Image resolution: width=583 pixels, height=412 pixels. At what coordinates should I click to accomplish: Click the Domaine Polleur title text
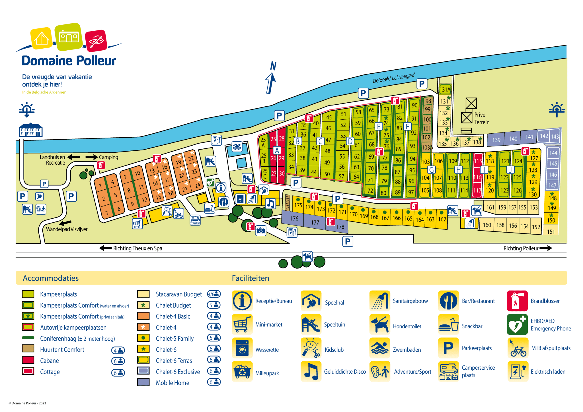pyautogui.click(x=69, y=61)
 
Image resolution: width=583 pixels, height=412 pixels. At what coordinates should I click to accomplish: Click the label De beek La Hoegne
pyautogui.click(x=393, y=78)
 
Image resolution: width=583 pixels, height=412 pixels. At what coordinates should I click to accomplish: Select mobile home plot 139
pyautogui.click(x=496, y=140)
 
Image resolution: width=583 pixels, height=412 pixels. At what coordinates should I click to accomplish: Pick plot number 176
pyautogui.click(x=294, y=218)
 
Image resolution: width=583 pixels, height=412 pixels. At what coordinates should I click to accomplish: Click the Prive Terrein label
pyautogui.click(x=482, y=118)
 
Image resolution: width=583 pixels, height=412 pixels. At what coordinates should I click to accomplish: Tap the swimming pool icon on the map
pyautogui.click(x=237, y=147)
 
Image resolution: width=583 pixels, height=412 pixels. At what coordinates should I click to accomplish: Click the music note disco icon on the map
pyautogui.click(x=270, y=204)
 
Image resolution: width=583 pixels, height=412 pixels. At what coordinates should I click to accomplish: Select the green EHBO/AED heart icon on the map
pyautogui.click(x=210, y=182)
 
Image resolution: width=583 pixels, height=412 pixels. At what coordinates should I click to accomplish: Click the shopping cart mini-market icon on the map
pyautogui.click(x=137, y=224)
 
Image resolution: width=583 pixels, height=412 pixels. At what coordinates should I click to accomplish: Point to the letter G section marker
pyautogui.click(x=432, y=170)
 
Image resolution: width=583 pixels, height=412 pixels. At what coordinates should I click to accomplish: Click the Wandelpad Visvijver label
pyautogui.click(x=67, y=229)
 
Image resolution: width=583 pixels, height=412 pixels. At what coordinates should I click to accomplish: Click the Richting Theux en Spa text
pyautogui.click(x=137, y=248)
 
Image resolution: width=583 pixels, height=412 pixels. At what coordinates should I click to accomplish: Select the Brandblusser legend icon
pyautogui.click(x=517, y=301)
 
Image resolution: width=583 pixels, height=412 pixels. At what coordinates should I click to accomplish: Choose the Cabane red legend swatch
pyautogui.click(x=28, y=360)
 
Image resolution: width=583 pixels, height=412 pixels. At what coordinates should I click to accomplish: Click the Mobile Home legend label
pyautogui.click(x=172, y=383)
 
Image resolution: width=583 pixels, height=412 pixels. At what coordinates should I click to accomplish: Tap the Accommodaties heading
pyautogui.click(x=51, y=278)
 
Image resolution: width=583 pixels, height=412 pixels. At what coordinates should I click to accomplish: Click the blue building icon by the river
pyautogui.click(x=30, y=130)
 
